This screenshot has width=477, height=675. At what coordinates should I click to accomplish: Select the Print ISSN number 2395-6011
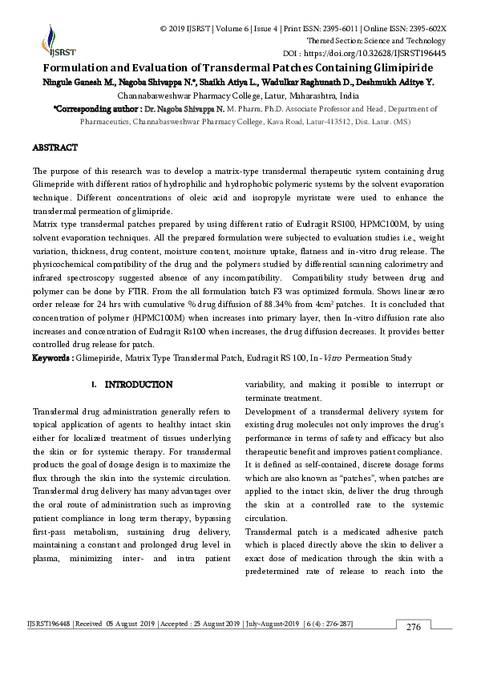coord(318,29)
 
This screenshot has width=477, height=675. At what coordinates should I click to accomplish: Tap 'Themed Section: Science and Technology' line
coord(377,41)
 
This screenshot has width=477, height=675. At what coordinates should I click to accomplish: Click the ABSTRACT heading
coord(55,148)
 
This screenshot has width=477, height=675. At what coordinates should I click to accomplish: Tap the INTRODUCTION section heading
coord(139,386)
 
